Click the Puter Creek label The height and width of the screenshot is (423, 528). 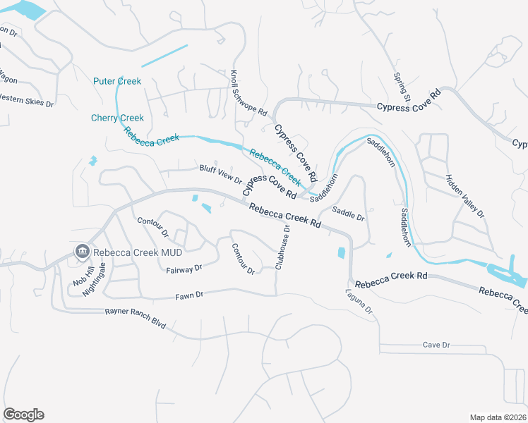(117, 81)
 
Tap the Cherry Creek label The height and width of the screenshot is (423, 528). (117, 118)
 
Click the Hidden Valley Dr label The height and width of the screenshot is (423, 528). (465, 195)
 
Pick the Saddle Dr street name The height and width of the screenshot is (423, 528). (348, 214)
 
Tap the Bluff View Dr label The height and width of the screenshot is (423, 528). (220, 174)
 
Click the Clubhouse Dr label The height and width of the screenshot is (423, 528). (283, 246)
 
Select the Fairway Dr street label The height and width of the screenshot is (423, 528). (184, 269)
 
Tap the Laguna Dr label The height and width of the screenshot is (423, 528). (359, 303)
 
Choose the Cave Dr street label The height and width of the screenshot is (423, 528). (436, 345)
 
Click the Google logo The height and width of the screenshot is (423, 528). (23, 415)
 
